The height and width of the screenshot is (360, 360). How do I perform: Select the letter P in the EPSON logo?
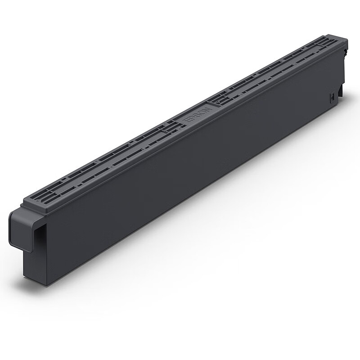pos(190,118)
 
